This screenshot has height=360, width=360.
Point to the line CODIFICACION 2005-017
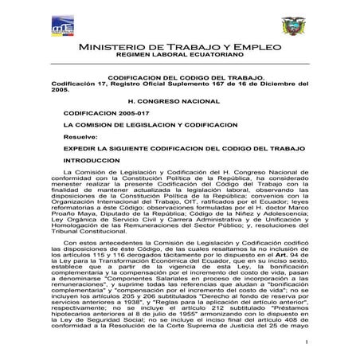pos(99,115)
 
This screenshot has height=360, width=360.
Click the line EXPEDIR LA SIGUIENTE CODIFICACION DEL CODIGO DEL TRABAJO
pos(173,148)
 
